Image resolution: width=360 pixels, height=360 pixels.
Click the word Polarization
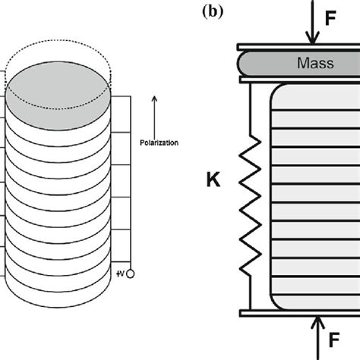tap(159, 143)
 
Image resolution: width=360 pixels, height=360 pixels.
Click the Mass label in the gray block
tap(315, 63)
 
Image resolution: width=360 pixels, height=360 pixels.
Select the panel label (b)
tap(213, 11)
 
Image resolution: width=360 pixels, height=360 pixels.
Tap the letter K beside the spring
tap(213, 179)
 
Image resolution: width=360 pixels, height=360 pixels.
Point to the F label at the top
tap(330, 18)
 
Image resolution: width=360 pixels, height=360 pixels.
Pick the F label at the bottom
tap(334, 340)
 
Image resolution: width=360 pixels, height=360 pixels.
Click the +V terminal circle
tap(130, 274)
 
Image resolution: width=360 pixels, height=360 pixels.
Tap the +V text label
tap(121, 273)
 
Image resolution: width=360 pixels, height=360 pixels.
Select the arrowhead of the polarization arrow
tap(154, 99)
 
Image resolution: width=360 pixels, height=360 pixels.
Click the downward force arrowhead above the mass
tap(313, 39)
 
